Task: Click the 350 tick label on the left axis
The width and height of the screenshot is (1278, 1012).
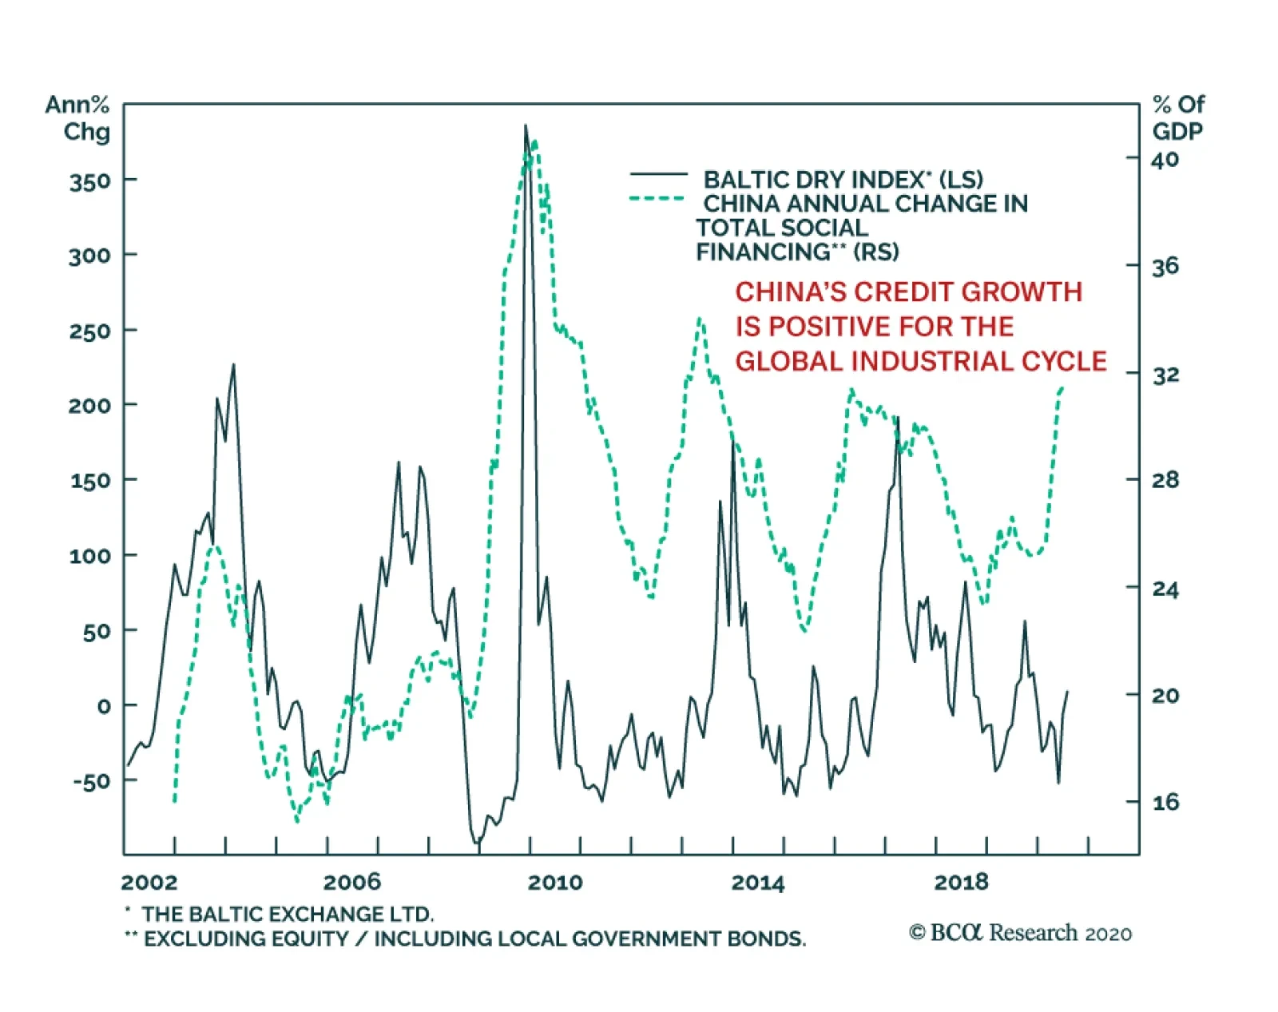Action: (89, 181)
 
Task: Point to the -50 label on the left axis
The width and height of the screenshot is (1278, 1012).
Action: (91, 782)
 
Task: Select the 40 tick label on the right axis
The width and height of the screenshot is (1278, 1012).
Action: (1165, 159)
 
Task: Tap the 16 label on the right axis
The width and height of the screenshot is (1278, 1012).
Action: (1165, 802)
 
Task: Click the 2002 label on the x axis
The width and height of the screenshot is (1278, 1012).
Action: (149, 883)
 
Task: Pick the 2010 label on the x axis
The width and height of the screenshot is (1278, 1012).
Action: (555, 883)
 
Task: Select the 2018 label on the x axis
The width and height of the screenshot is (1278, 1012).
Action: (961, 883)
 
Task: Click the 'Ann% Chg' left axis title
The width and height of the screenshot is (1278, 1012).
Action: (78, 117)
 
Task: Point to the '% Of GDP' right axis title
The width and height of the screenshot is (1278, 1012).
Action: (1177, 117)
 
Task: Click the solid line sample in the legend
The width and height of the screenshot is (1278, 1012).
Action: (658, 174)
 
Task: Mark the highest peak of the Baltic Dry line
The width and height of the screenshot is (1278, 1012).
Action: (526, 125)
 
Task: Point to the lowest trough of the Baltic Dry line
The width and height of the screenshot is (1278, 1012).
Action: (477, 843)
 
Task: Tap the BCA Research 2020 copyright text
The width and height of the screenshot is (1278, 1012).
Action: (1020, 933)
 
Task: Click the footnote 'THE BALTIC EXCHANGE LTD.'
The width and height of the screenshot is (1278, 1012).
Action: (288, 914)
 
